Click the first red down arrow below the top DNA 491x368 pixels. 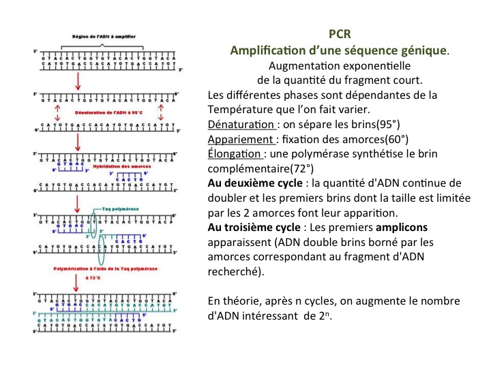[x=78, y=80]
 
